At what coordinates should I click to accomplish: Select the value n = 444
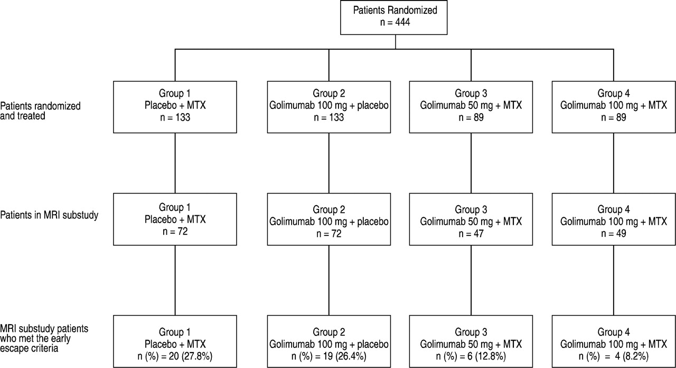tap(395, 22)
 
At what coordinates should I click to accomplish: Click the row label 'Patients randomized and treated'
tap(41, 111)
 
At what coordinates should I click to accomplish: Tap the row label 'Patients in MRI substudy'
tap(49, 215)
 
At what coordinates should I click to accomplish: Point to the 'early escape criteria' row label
tap(44, 338)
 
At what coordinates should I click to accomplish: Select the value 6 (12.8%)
tap(486, 356)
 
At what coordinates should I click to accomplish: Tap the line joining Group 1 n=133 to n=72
tap(175, 163)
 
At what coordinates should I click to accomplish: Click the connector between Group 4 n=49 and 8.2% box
tap(614, 280)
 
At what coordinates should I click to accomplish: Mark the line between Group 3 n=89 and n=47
tap(471, 163)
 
